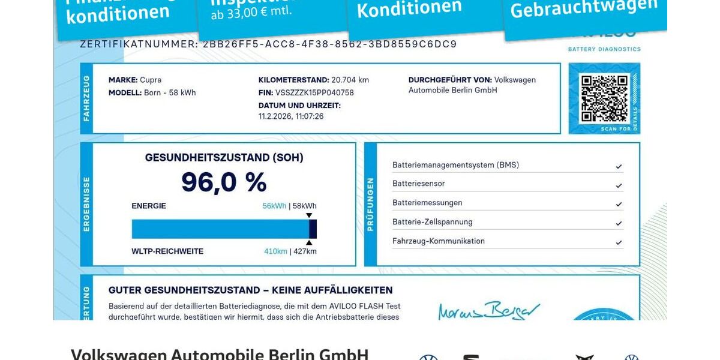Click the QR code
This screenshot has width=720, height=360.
pyautogui.click(x=604, y=98)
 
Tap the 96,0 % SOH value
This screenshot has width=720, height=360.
pyautogui.click(x=224, y=182)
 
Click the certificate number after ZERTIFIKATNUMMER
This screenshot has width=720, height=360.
pyautogui.click(x=330, y=44)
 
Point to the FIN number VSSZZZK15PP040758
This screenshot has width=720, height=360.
pyautogui.click(x=314, y=92)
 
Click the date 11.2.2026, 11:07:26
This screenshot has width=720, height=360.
pyautogui.click(x=291, y=116)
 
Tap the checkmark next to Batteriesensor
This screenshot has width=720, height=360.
pyautogui.click(x=619, y=185)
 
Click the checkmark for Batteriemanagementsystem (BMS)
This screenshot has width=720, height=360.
pyautogui.click(x=619, y=166)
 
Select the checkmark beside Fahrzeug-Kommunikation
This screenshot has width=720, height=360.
pyautogui.click(x=619, y=243)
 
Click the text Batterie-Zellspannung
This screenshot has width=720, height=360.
pyautogui.click(x=432, y=222)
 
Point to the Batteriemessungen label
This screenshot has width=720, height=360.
pyautogui.click(x=427, y=203)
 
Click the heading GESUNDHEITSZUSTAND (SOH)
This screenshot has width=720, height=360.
pyautogui.click(x=224, y=158)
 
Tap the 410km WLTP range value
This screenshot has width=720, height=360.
pyautogui.click(x=275, y=251)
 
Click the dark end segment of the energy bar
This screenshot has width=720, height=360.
pyautogui.click(x=313, y=229)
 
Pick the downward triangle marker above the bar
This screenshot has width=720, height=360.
pyautogui.click(x=309, y=215)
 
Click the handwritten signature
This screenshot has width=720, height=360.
pyautogui.click(x=489, y=310)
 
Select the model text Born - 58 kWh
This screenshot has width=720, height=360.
pyautogui.click(x=170, y=92)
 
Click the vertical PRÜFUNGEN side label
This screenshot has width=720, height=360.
pyautogui.click(x=370, y=204)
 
